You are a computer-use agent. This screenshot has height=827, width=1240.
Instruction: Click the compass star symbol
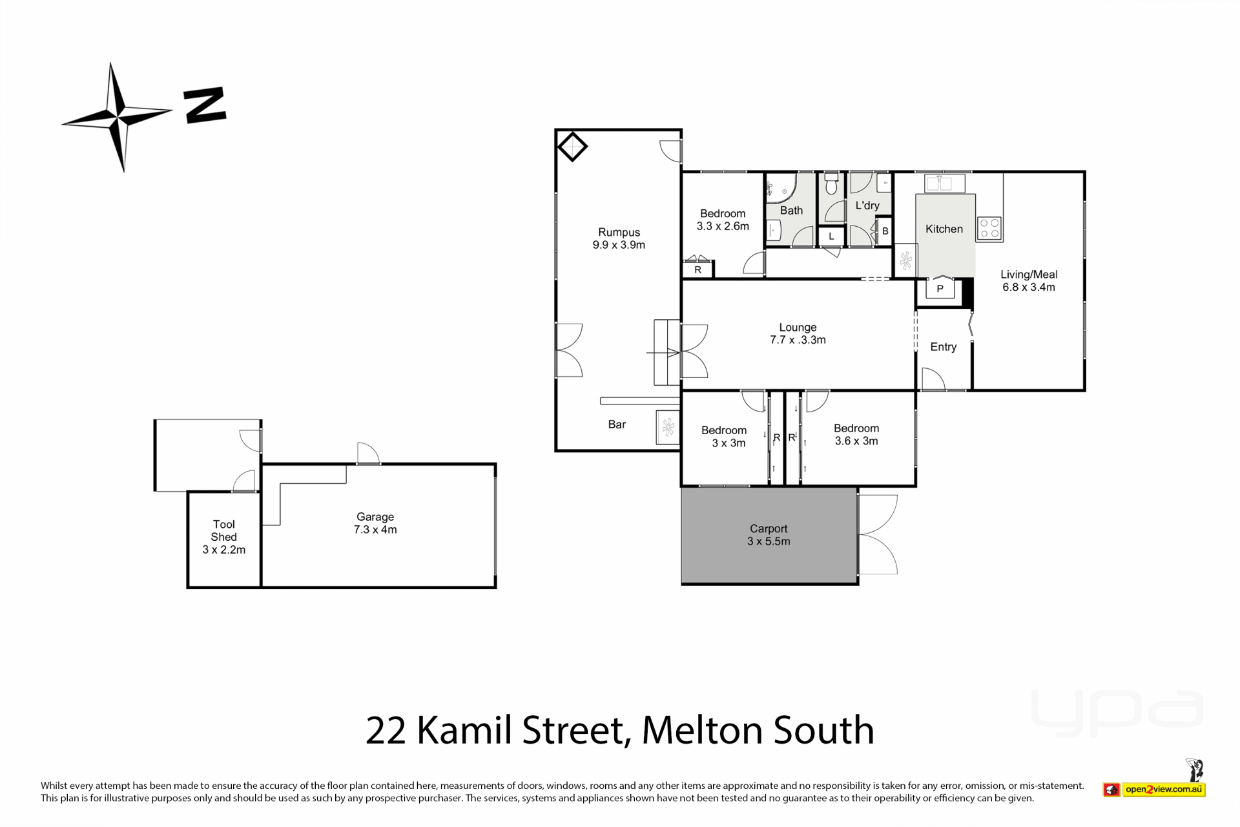(x=118, y=117)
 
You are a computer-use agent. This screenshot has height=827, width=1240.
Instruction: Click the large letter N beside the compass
(x=205, y=105)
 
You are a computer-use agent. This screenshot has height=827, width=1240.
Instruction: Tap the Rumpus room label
(x=619, y=233)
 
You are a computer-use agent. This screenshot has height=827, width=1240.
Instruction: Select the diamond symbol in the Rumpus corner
(x=572, y=147)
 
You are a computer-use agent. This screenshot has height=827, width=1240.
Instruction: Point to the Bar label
(x=617, y=424)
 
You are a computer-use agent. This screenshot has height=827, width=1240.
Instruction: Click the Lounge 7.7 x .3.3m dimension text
(x=798, y=340)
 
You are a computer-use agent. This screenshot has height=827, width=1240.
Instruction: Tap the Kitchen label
(x=944, y=229)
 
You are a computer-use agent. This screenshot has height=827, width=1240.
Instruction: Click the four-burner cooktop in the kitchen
(x=989, y=229)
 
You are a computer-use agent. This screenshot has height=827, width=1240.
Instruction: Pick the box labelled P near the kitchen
(x=940, y=288)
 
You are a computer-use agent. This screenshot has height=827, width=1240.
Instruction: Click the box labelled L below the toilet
(x=831, y=236)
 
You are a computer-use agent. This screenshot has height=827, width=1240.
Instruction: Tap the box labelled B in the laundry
(x=885, y=231)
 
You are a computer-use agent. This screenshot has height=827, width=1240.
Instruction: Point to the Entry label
(x=943, y=347)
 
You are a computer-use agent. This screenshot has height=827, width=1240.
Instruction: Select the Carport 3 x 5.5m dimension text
(x=769, y=541)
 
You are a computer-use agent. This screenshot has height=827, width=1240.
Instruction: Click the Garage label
(x=375, y=517)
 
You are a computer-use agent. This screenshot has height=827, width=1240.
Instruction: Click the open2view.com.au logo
(x=1154, y=789)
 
